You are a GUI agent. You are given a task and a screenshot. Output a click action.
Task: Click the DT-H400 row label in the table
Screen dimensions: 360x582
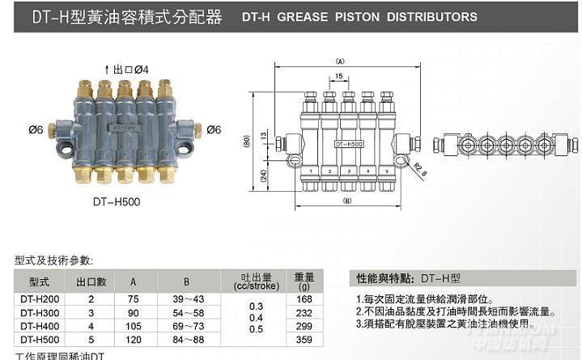[x=39, y=326]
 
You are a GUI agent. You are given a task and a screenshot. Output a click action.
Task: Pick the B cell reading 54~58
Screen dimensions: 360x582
[x=187, y=313]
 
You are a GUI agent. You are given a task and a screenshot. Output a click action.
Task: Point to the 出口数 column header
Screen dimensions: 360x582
[x=91, y=282]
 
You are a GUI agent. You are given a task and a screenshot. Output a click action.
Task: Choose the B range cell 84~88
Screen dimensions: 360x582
[x=187, y=339]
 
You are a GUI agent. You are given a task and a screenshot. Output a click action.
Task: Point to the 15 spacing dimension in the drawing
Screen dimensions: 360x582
[x=337, y=77]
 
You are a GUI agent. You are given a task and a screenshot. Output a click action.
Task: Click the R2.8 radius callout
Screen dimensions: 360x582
[x=419, y=169]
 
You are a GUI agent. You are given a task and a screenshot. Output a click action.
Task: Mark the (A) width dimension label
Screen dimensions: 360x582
[x=340, y=60]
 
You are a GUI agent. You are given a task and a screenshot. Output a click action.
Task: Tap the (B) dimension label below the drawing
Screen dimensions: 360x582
[x=348, y=199]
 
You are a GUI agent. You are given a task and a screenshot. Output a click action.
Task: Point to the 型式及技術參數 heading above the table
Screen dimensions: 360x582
[x=53, y=260]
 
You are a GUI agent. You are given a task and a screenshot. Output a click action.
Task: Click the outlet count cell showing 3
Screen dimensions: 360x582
[x=91, y=313]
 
